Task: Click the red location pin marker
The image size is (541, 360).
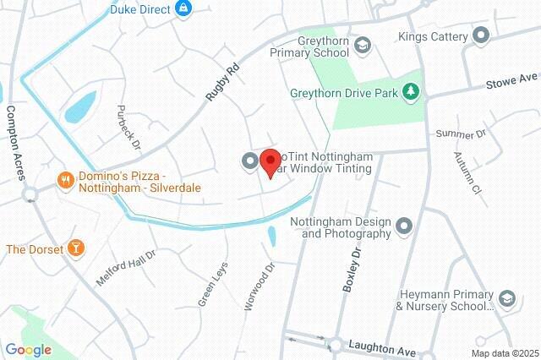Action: (270, 161)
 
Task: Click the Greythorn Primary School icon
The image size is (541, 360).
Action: (362, 44)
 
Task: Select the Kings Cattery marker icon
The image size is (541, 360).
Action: (481, 35)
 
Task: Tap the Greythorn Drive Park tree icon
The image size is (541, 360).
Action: (411, 91)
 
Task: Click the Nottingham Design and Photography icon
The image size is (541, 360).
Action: (404, 226)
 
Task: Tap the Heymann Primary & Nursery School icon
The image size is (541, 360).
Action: (506, 298)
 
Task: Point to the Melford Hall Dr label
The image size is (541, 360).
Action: (127, 268)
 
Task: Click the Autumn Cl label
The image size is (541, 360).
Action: (466, 173)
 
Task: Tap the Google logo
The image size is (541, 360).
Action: (28, 349)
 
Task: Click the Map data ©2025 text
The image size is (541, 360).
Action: (504, 353)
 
